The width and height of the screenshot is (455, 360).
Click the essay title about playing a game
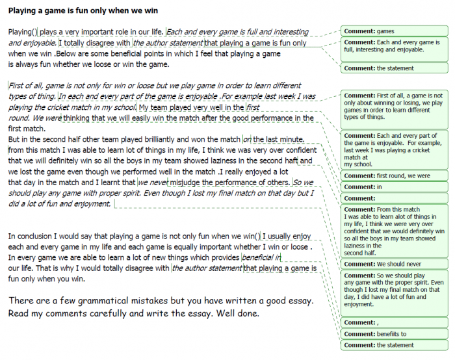(x=83, y=11)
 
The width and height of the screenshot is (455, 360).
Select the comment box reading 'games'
(x=395, y=31)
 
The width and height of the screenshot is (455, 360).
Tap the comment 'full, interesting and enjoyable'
(x=395, y=47)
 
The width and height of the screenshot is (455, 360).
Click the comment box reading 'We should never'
(x=395, y=264)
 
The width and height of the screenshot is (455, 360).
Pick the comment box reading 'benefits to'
(x=395, y=334)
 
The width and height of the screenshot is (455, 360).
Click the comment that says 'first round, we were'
(x=395, y=175)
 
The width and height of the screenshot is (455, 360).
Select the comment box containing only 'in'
(x=395, y=187)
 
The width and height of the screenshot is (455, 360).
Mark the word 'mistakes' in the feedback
(x=163, y=302)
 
